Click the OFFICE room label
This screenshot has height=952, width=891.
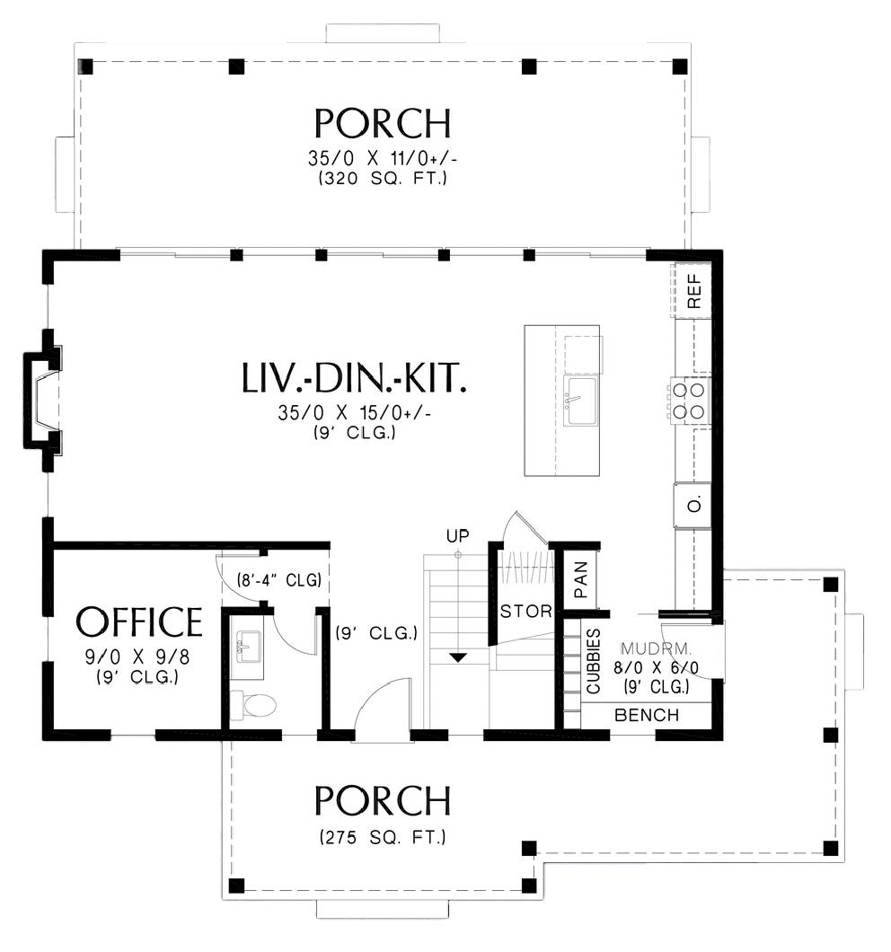(x=139, y=621)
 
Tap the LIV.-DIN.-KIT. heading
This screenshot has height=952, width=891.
(x=354, y=377)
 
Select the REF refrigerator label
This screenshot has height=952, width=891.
(x=693, y=290)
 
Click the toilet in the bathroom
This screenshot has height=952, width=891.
(x=253, y=705)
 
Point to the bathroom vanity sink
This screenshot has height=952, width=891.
(x=249, y=648)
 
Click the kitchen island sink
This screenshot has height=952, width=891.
(x=580, y=401)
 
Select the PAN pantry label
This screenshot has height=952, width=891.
(x=580, y=579)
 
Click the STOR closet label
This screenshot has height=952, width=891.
(x=526, y=611)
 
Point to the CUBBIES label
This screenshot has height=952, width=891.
(x=594, y=661)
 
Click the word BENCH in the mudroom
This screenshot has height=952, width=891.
(x=647, y=715)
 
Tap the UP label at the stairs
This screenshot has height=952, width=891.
(x=458, y=536)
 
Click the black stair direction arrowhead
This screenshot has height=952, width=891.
(x=458, y=657)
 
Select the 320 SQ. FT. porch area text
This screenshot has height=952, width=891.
(x=383, y=179)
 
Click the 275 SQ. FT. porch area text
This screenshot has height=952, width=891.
(x=383, y=837)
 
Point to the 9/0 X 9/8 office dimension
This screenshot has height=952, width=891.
(x=137, y=657)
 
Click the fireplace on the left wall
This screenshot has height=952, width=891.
(x=42, y=401)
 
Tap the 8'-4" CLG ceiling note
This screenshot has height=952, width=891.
(x=278, y=580)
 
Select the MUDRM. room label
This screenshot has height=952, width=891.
(x=656, y=648)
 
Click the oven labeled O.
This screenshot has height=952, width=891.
(x=693, y=505)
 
